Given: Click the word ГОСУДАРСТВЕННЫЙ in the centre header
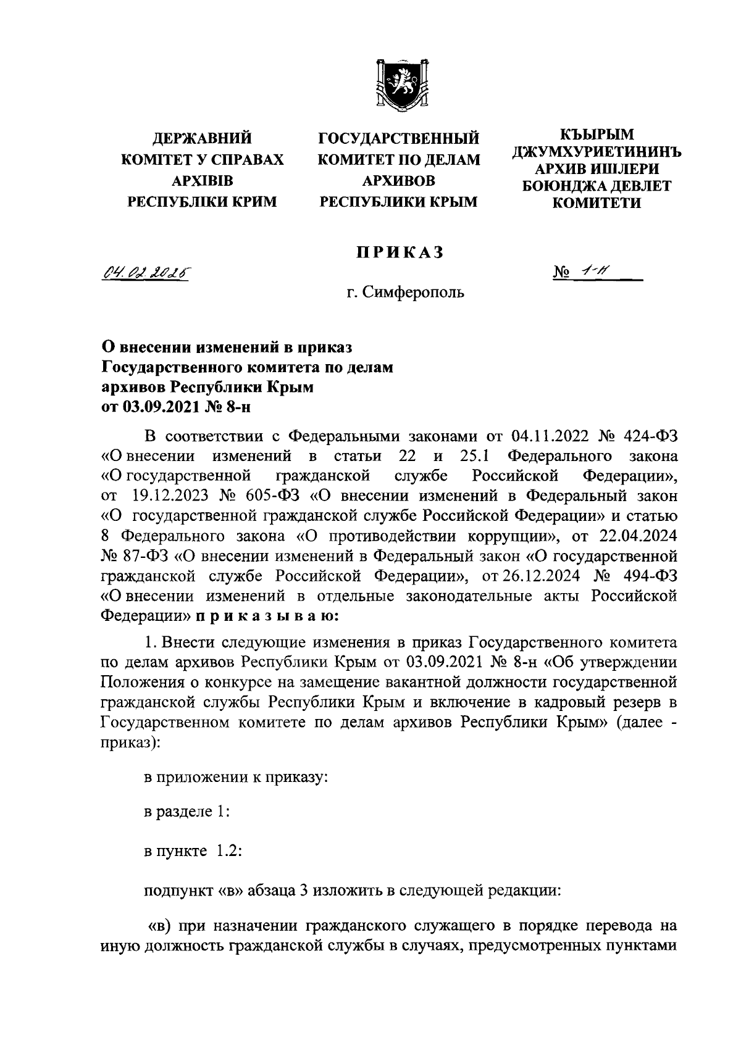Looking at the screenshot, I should click(x=399, y=139).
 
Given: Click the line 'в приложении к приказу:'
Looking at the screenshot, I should click(x=235, y=778).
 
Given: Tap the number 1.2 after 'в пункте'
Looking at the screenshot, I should click(x=226, y=852).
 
